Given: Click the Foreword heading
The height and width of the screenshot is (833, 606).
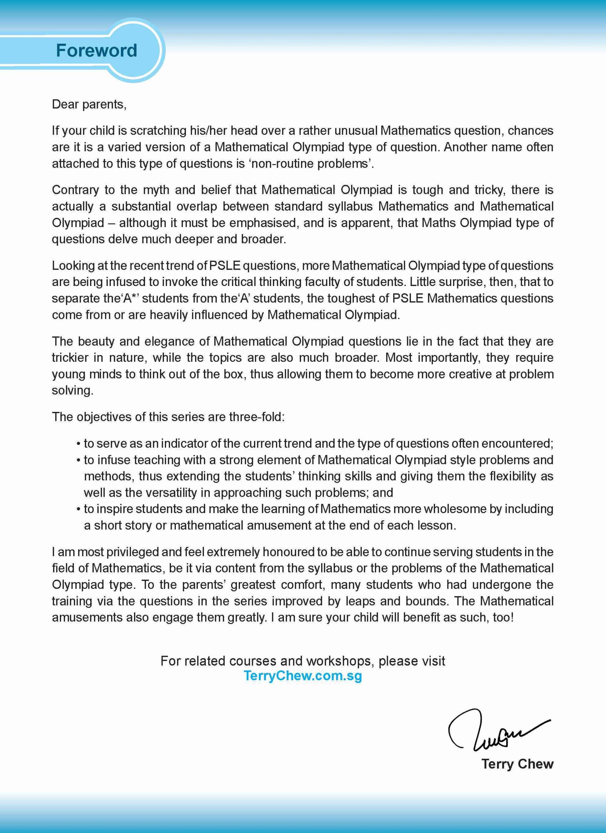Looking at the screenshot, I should pyautogui.click(x=96, y=50).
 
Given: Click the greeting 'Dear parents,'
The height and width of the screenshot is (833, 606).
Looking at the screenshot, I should pyautogui.click(x=89, y=105).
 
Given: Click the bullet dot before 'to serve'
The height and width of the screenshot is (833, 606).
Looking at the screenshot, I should pyautogui.click(x=79, y=444).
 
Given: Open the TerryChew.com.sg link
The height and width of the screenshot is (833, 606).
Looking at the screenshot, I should pyautogui.click(x=302, y=676).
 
